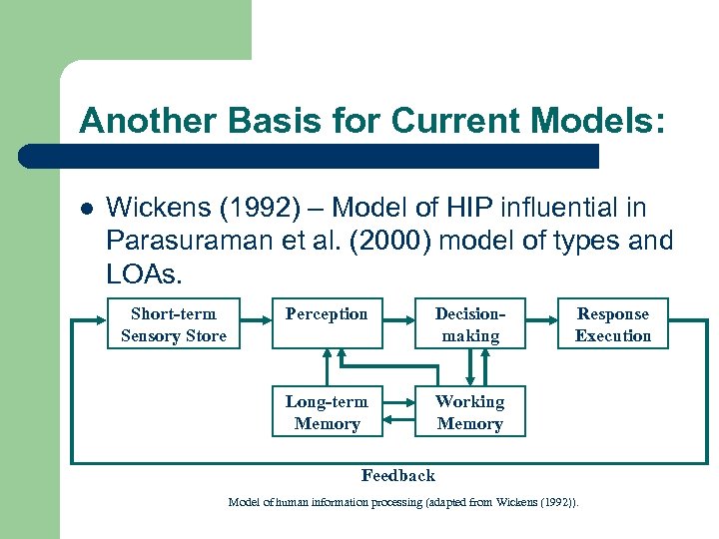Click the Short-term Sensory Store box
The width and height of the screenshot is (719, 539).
tap(174, 325)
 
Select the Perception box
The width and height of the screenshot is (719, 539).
tap(327, 325)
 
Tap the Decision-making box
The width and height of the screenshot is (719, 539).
tap(470, 325)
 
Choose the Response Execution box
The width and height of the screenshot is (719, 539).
tap(612, 325)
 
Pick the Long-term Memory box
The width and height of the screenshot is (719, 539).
tap(327, 412)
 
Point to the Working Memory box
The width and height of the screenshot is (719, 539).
tap(470, 412)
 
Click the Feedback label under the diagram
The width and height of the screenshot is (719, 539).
tap(397, 475)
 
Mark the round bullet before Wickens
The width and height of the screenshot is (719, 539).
tap(87, 210)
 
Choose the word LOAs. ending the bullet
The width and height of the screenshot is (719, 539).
tap(140, 272)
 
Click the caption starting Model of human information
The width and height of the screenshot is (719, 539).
tap(402, 502)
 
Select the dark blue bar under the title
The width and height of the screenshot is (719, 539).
tap(310, 156)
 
